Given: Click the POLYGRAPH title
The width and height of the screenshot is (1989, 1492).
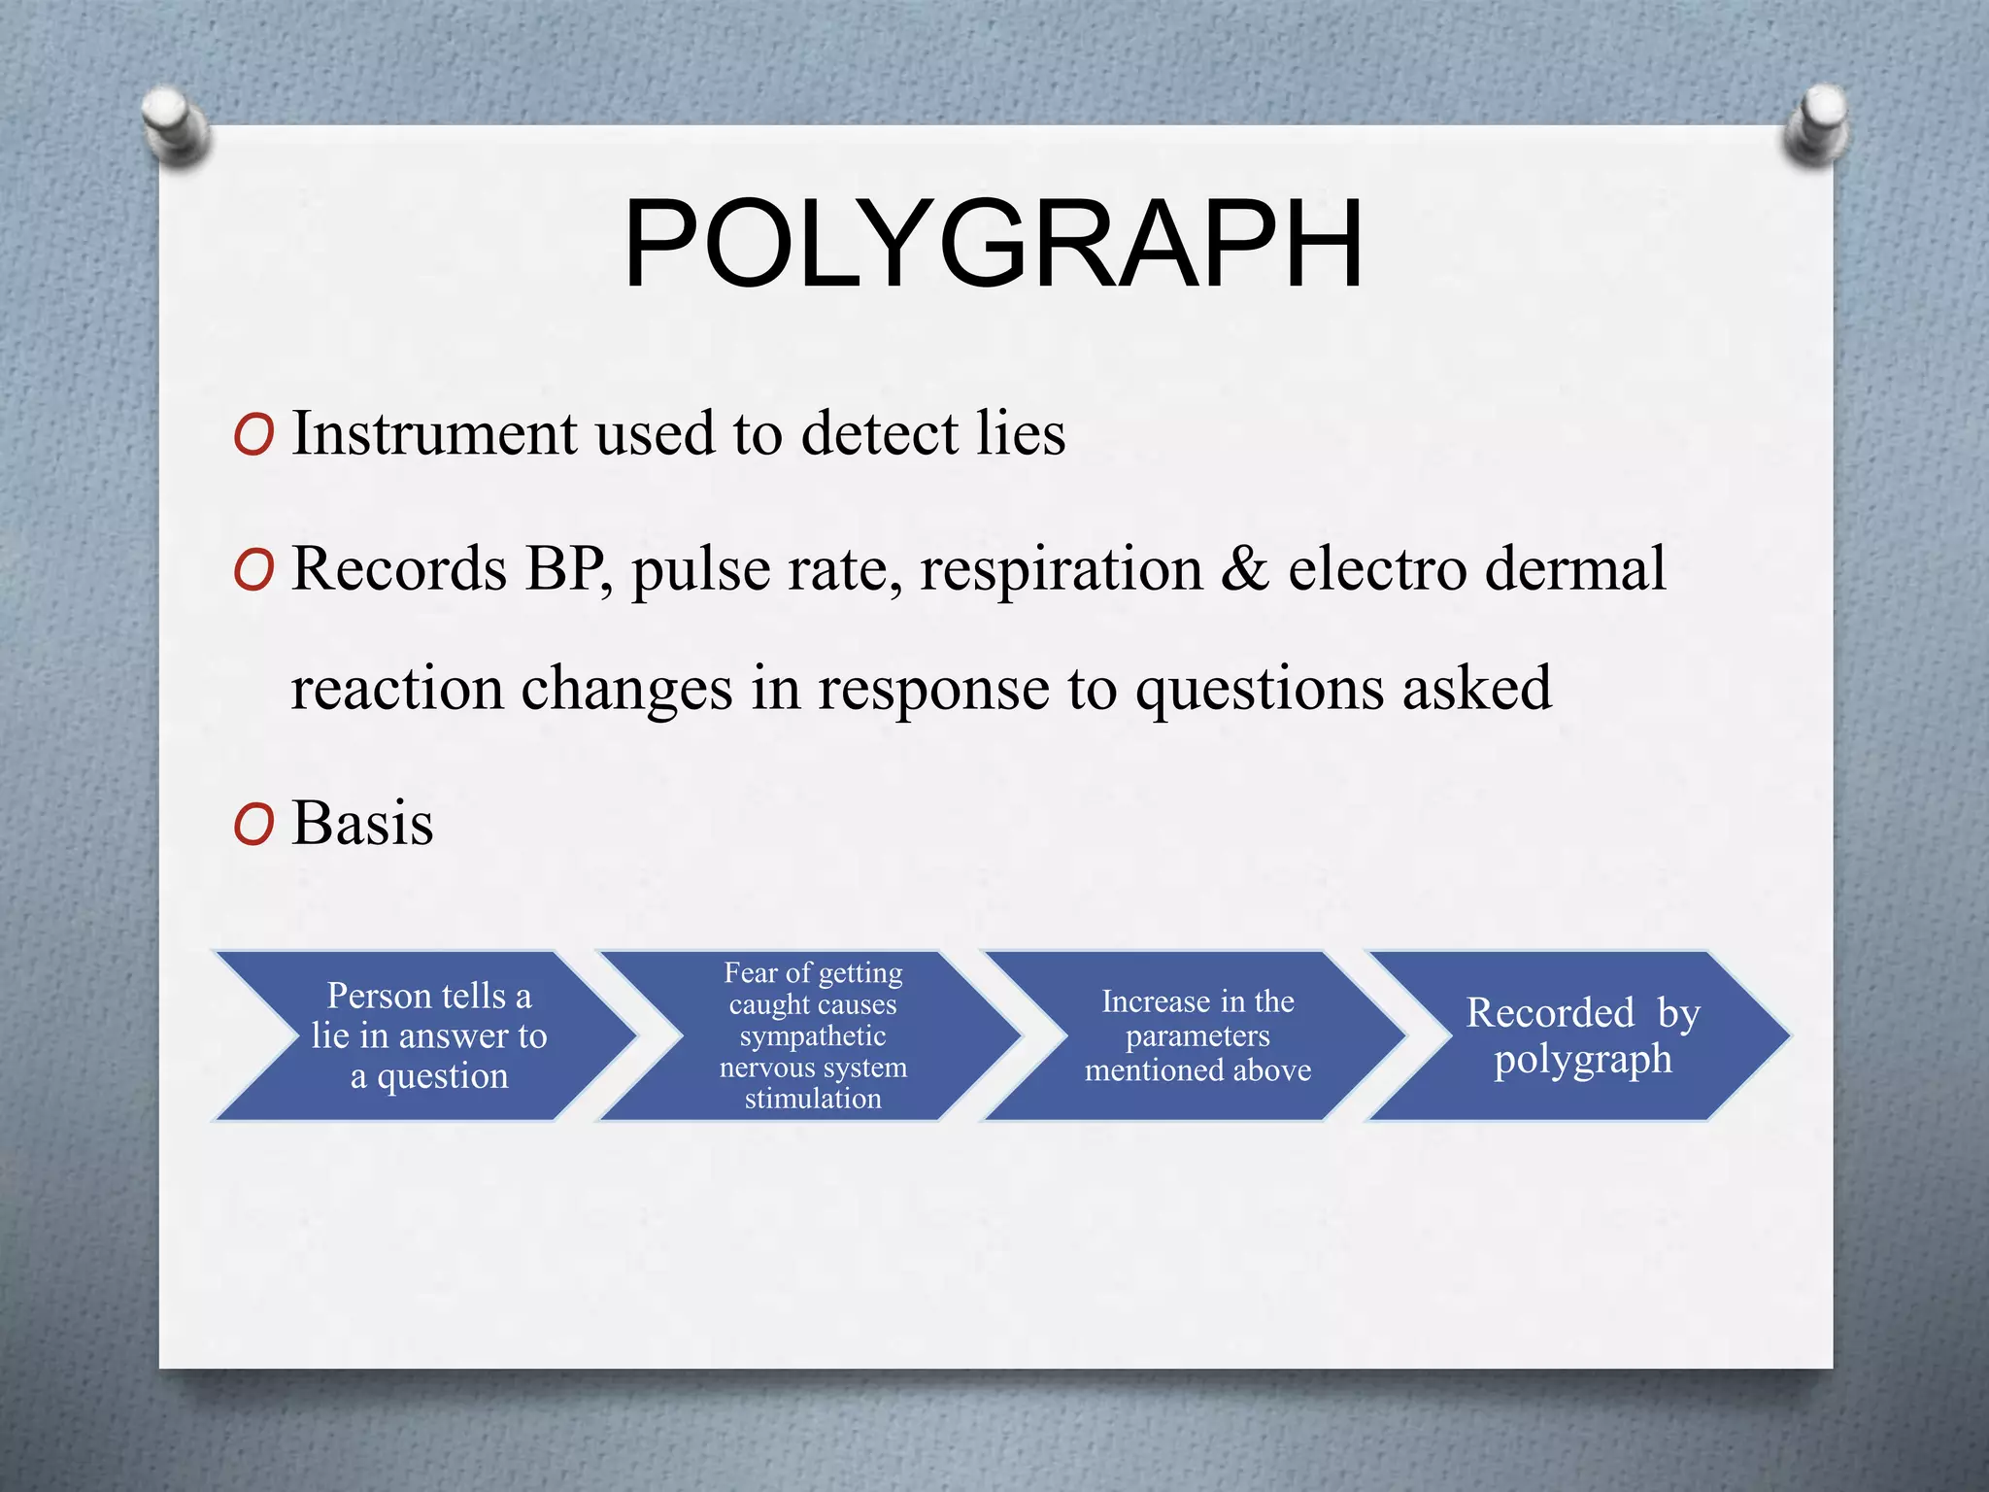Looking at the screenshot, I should click(993, 244).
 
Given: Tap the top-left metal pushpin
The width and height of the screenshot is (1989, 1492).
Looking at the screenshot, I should click(175, 127).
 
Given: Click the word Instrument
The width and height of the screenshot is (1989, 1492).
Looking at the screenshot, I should click(434, 433).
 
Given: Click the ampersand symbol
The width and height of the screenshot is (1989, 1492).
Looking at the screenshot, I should click(1244, 569).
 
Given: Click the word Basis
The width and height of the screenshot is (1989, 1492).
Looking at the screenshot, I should click(362, 824).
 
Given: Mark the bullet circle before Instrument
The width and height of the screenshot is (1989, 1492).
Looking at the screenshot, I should click(253, 436).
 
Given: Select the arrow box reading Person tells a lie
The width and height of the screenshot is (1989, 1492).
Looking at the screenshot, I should click(427, 1035).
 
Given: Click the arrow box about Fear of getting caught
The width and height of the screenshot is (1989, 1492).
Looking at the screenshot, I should click(813, 1035).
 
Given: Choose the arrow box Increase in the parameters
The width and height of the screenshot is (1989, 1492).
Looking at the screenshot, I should click(1197, 1035).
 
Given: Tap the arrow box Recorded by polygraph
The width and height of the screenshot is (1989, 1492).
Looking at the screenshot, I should click(1582, 1035).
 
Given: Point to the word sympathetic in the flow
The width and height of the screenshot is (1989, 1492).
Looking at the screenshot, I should click(813, 1036).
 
